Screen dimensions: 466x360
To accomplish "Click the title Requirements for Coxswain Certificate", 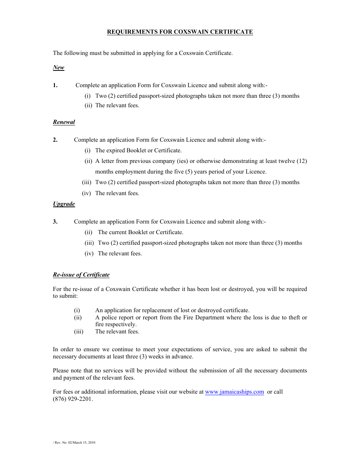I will click(x=180, y=32).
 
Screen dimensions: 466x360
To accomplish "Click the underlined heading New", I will click(x=59, y=67).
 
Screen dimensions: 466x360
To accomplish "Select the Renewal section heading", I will click(x=64, y=122).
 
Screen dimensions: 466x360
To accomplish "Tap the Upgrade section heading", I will click(x=64, y=204).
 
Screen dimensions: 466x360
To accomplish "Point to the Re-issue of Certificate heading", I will click(x=81, y=275).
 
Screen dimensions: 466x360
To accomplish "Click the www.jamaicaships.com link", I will click(x=235, y=392).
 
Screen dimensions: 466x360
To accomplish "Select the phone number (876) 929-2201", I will click(x=73, y=399).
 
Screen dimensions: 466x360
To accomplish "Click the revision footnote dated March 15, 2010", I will click(x=74, y=442).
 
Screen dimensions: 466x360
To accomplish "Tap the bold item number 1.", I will click(x=55, y=85).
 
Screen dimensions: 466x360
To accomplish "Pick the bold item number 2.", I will click(x=55, y=140).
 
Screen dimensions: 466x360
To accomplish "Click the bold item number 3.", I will click(x=55, y=222).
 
